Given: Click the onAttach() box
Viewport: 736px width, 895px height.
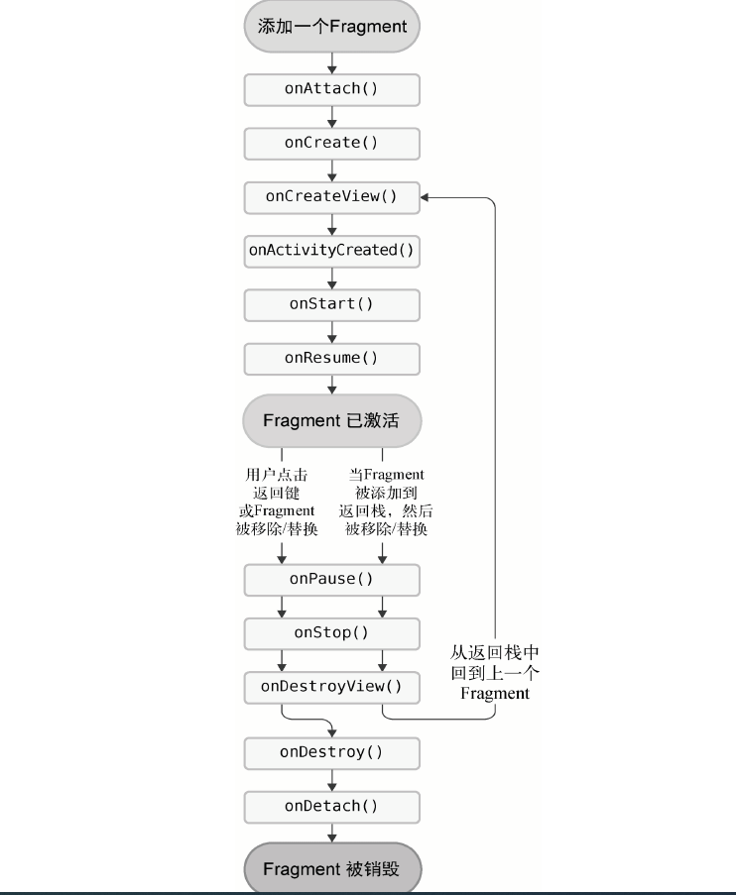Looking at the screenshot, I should click(332, 89).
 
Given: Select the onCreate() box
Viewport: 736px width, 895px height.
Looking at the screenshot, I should click(332, 143).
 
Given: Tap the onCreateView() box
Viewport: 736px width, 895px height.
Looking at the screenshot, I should click(332, 196).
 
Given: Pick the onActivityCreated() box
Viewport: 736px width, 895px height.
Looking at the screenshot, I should click(332, 250).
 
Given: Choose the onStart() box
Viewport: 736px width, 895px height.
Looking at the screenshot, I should click(332, 303).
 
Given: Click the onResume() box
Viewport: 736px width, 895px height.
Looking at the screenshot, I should click(332, 357).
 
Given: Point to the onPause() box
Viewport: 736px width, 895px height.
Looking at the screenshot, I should click(332, 578).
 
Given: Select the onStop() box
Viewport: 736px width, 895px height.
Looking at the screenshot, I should click(332, 631).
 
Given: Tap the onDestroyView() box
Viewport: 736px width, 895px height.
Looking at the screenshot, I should click(332, 685).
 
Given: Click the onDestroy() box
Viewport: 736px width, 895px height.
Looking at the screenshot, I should click(332, 751).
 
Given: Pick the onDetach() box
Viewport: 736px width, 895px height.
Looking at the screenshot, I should click(332, 805).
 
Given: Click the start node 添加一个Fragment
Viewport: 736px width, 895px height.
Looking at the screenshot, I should click(332, 27).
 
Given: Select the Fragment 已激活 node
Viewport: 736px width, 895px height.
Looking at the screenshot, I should click(332, 420).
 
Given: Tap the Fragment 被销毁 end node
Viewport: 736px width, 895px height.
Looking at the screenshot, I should click(332, 869).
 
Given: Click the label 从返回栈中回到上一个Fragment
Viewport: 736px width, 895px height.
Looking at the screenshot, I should click(495, 673).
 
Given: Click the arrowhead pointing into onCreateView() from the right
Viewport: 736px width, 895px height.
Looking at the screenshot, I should click(428, 196).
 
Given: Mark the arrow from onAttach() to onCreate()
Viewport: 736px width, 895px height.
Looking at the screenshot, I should click(332, 117).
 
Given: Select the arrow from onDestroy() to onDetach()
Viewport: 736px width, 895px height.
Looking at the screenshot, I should click(332, 779).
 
